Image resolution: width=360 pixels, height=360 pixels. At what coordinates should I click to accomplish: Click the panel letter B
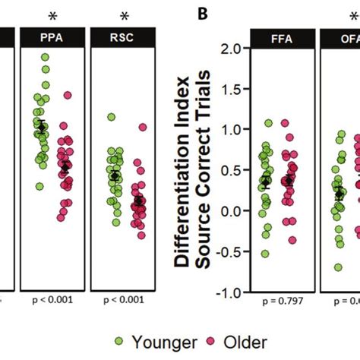click(202, 13)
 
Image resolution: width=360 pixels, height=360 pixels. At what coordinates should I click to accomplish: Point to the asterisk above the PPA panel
click(52, 15)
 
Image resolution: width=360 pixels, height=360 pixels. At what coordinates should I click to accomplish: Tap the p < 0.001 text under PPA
click(52, 299)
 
